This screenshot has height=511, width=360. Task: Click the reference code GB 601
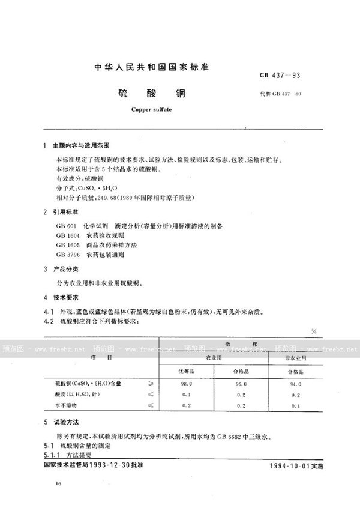coord(64,226)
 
